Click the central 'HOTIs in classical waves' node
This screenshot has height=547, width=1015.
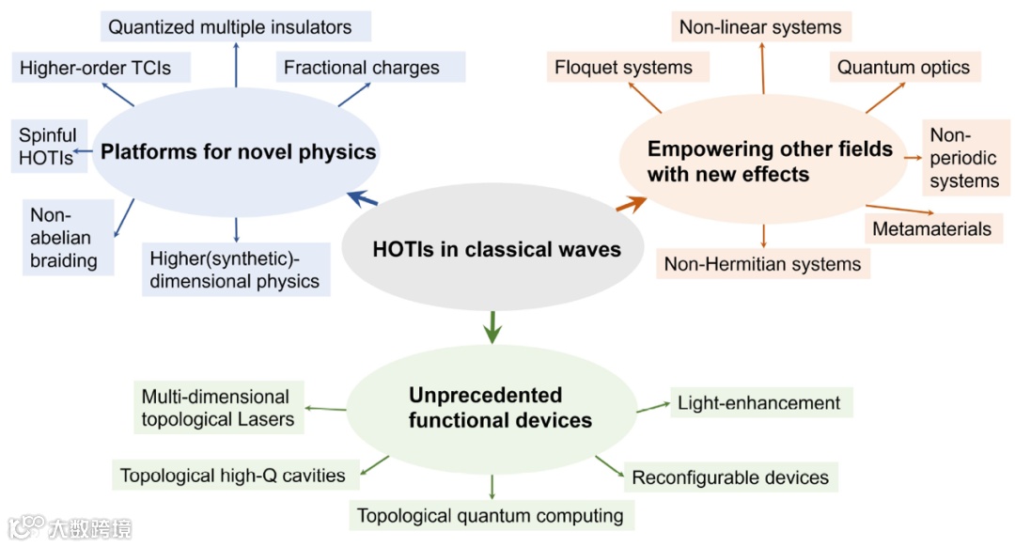496,249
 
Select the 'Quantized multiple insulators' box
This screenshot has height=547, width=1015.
230,26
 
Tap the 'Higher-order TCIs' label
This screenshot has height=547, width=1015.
95,68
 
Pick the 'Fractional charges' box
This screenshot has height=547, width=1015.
362,68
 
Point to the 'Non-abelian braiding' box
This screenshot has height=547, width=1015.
63,237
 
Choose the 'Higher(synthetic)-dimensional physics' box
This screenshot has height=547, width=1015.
235,269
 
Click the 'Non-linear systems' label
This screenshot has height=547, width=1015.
760,26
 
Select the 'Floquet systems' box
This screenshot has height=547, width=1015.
623,67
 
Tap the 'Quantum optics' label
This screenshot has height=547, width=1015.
903,67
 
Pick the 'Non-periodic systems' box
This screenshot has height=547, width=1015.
964,158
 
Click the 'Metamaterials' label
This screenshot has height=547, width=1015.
931,228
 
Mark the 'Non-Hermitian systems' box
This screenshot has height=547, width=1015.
762,264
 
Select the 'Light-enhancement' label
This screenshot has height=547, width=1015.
759,402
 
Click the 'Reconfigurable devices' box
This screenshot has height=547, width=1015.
730,477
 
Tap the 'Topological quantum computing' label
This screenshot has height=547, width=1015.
491,515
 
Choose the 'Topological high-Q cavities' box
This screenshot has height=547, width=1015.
232,475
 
